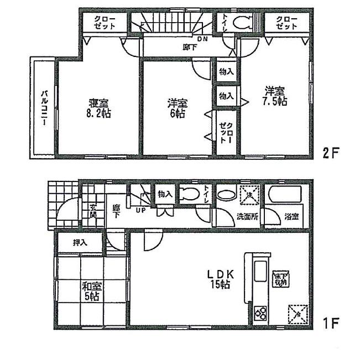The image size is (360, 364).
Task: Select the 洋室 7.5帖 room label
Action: [274, 96]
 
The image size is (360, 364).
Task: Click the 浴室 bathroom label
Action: [291, 216]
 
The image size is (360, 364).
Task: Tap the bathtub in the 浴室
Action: [283, 196]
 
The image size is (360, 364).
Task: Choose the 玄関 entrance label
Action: [93, 210]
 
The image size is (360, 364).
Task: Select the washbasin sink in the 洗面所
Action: [225, 195]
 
